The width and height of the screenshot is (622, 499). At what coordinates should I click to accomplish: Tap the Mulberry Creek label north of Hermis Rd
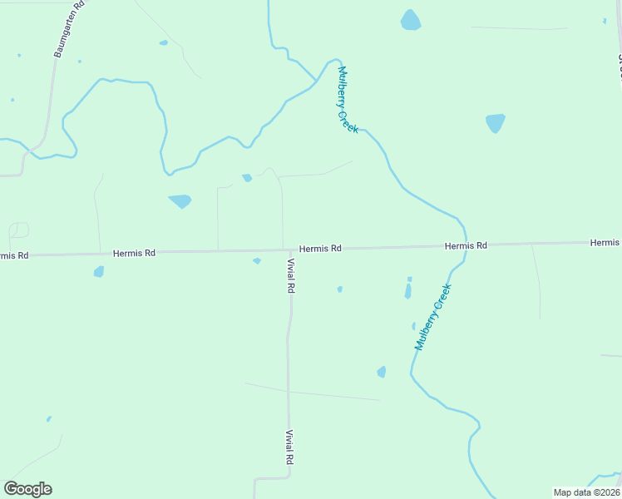(x=348, y=101)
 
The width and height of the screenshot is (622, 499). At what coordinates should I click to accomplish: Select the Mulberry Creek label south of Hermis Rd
(x=432, y=317)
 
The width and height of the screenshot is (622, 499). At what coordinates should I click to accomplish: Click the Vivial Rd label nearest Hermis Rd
(x=291, y=275)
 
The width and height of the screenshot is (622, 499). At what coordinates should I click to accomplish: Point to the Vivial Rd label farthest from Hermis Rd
(x=289, y=447)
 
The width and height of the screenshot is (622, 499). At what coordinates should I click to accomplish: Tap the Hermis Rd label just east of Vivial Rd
(x=320, y=248)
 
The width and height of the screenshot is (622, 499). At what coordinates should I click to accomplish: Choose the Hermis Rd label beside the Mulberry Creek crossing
(x=465, y=245)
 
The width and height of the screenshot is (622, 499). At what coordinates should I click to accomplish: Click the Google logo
(x=27, y=489)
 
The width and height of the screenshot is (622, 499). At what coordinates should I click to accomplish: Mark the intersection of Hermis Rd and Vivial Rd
(x=289, y=249)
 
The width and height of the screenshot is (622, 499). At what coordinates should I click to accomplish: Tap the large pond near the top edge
(x=411, y=20)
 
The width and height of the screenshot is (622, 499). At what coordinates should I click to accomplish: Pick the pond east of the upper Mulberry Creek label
(x=495, y=123)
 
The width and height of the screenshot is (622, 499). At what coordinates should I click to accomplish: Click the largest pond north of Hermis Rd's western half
(x=180, y=200)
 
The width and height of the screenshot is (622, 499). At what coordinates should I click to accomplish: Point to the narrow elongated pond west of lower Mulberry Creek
(x=407, y=290)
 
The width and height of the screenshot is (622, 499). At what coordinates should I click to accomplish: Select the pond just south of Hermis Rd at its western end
(x=99, y=271)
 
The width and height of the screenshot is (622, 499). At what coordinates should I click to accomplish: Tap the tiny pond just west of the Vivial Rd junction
(x=257, y=260)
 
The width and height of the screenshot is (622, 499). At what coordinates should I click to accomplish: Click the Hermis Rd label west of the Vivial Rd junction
(x=134, y=252)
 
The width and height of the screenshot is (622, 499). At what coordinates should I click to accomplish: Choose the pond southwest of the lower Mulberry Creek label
(x=382, y=372)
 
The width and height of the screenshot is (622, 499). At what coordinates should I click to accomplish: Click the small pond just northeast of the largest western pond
(x=247, y=177)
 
